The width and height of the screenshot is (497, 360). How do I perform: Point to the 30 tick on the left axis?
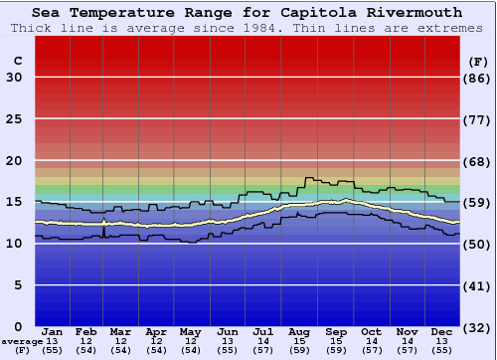(14, 78)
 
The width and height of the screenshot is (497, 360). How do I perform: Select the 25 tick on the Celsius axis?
(14, 119)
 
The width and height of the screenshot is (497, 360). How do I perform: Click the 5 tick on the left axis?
(19, 285)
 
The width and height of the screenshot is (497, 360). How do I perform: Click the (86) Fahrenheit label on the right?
(479, 78)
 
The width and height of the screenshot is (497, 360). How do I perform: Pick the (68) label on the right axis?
(479, 161)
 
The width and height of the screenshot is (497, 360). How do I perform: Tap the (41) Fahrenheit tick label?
(479, 285)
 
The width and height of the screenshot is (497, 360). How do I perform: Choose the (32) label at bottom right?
(479, 327)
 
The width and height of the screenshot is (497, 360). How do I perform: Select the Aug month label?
(298, 331)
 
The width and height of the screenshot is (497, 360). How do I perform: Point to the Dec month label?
(442, 331)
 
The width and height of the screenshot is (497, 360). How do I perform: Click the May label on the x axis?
(190, 331)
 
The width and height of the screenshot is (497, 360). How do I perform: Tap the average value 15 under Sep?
(335, 341)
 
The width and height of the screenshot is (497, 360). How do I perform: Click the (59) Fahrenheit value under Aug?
(298, 350)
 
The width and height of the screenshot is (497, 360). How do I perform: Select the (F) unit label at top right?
(478, 61)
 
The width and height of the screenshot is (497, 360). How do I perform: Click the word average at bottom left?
(22, 341)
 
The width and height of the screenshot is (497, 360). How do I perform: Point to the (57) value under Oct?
(371, 350)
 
